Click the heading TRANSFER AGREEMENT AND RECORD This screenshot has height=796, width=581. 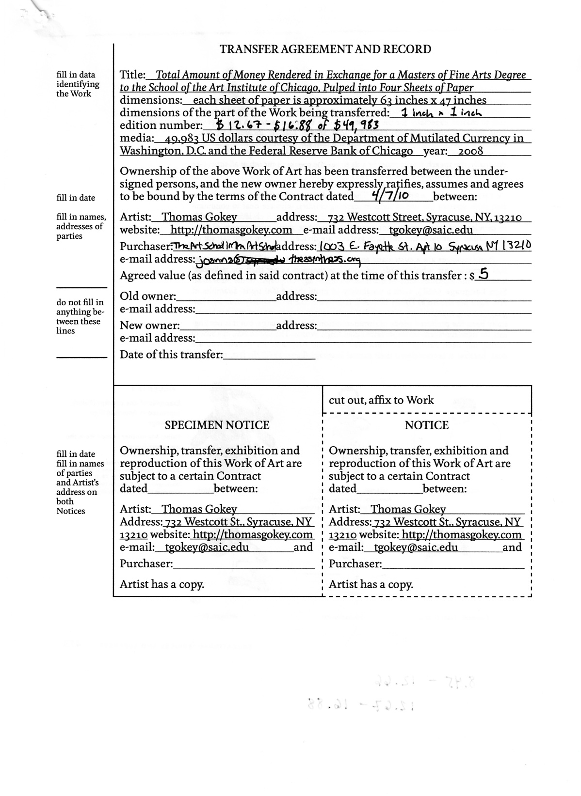pos(325,49)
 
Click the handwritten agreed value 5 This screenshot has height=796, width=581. pos(484,275)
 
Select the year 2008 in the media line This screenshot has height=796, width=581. pos(470,151)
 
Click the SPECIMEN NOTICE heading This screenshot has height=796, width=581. pos(217,425)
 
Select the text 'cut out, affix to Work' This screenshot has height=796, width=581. pos(381,400)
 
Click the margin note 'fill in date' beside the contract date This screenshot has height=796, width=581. pos(76,198)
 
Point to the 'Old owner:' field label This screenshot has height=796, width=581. pos(148,296)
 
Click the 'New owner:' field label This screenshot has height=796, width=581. pos(149,326)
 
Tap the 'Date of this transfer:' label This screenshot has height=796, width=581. pos(171,354)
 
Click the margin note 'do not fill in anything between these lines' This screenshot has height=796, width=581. pos(80,316)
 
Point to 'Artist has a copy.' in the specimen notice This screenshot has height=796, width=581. pos(162,584)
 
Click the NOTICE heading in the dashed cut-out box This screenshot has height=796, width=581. pos(427,425)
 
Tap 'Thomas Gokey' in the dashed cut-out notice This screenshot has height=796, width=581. pos(408,509)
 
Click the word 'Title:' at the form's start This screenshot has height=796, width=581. pos(132,75)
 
